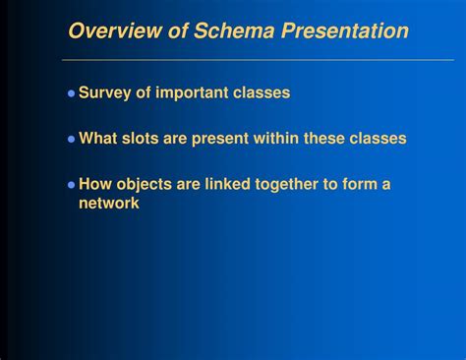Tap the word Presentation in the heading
coord(345,31)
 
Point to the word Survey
coord(105,93)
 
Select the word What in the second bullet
coord(99,139)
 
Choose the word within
coord(278,139)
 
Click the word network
coord(109,204)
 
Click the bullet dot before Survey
coord(71,94)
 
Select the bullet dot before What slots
coord(71,140)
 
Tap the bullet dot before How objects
coord(71,185)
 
